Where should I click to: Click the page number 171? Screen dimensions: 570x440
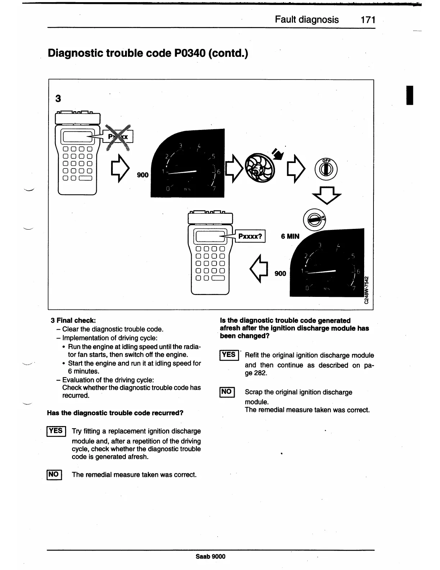368,19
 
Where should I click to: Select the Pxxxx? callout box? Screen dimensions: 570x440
251,236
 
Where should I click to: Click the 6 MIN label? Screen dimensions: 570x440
290,236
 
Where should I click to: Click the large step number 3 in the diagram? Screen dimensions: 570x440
58,98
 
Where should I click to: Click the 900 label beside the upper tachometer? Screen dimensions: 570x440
143,175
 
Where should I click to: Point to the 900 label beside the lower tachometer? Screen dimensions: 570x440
280,273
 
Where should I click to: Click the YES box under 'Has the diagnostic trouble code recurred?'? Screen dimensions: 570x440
56,431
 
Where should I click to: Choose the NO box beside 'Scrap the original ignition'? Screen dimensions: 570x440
227,392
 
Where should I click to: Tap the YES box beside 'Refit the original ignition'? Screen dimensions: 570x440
229,355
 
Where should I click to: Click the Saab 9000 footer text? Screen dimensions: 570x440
211,556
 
